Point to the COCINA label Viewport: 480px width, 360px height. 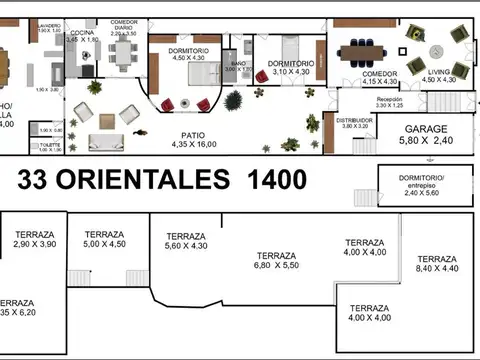[81, 32]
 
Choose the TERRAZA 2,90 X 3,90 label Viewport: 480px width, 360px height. [36, 239]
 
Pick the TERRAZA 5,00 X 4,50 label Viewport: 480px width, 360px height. [104, 239]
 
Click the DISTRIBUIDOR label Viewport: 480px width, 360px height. [355, 120]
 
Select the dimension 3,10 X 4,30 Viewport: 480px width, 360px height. [291, 71]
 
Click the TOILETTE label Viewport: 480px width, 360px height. [51, 145]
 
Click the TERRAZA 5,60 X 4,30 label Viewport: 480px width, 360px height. [185, 240]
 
